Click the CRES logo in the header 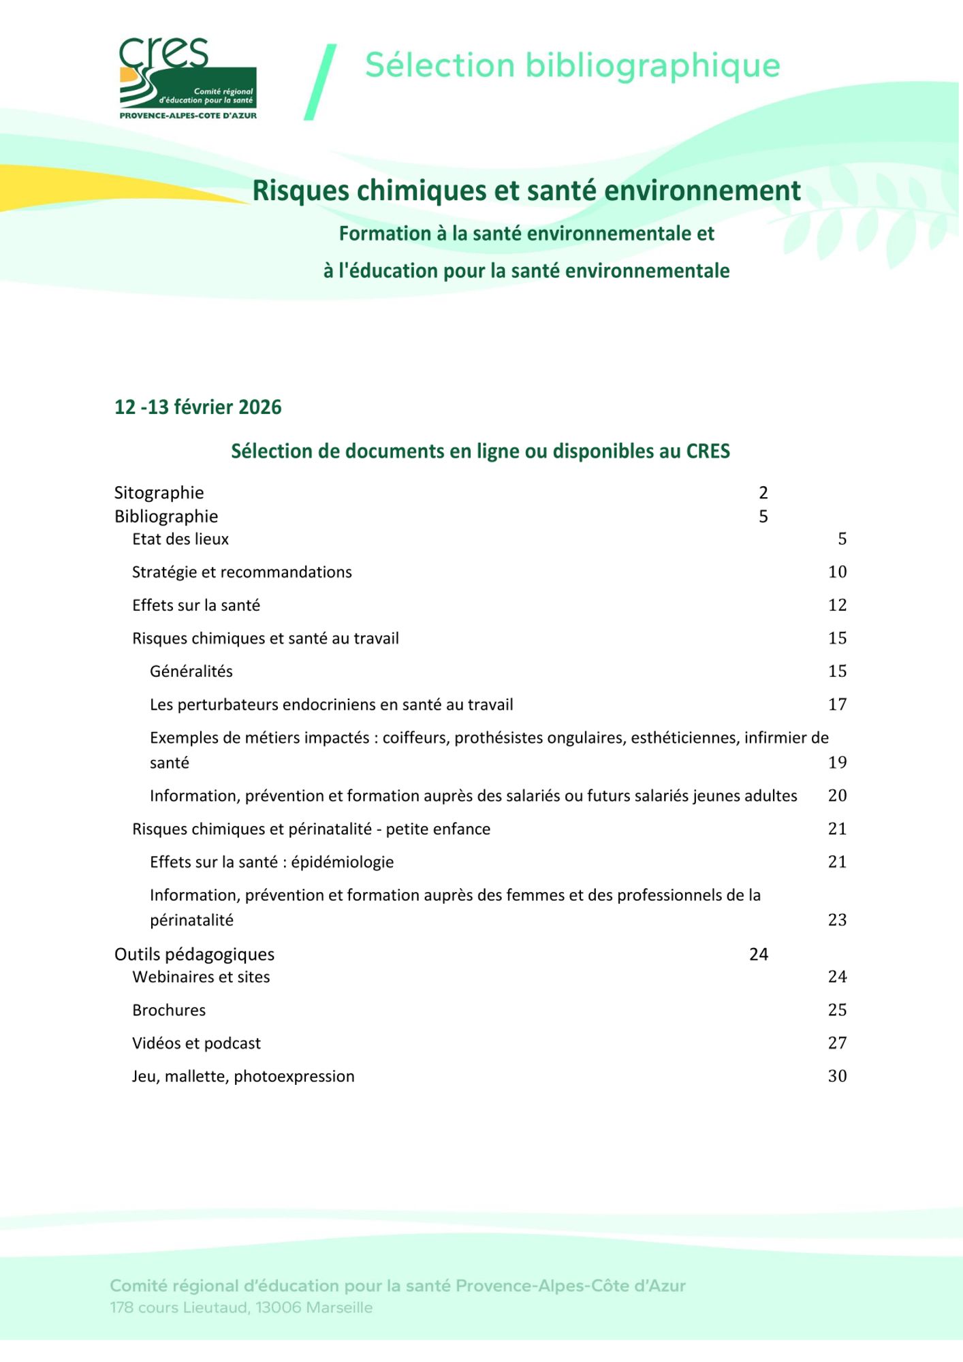(x=187, y=78)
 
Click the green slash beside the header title (x=320, y=82)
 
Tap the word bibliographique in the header (x=652, y=66)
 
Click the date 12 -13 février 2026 (x=198, y=407)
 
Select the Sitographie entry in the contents (x=159, y=492)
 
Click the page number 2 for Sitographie (x=763, y=492)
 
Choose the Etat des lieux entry (x=180, y=539)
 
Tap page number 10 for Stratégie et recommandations (x=837, y=572)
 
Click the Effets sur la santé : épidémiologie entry (x=272, y=862)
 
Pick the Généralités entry (x=191, y=671)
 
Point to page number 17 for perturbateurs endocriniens (x=837, y=705)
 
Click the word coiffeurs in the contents (x=415, y=738)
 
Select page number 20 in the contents (x=837, y=796)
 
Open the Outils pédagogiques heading (x=194, y=954)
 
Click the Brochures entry (x=169, y=1010)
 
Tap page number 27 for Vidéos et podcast (x=837, y=1043)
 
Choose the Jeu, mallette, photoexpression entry (x=243, y=1077)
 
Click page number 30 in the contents (x=837, y=1077)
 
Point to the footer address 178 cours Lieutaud (x=241, y=1308)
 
